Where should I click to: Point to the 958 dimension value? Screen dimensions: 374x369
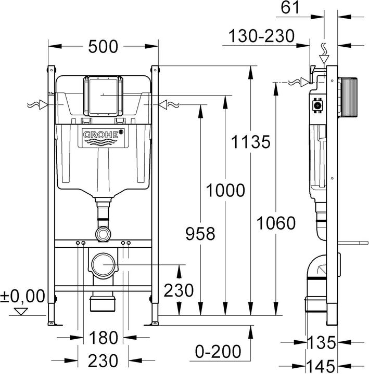200,234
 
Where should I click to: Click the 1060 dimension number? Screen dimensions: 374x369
276,223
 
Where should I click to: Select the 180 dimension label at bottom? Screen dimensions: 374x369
103,338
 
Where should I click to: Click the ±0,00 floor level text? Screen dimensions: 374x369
22,296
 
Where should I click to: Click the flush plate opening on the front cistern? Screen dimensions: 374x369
103,96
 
